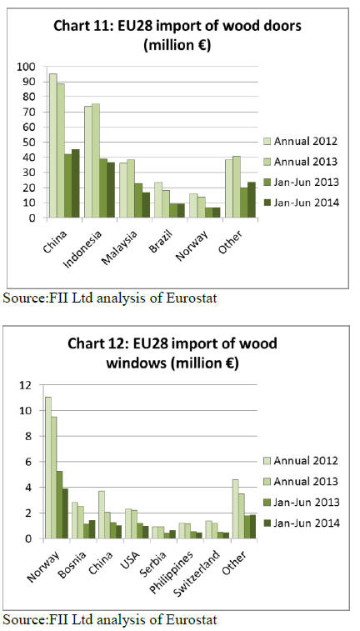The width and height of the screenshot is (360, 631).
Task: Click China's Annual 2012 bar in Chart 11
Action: (x=53, y=146)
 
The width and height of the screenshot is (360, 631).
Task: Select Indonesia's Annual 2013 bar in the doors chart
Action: (x=96, y=161)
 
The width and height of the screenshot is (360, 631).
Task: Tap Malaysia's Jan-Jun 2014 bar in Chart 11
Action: (x=146, y=205)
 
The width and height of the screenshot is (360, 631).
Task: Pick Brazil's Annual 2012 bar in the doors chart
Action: (x=158, y=200)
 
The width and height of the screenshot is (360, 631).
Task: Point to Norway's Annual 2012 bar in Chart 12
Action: (x=47, y=468)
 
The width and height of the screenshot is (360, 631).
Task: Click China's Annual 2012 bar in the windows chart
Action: (x=101, y=514)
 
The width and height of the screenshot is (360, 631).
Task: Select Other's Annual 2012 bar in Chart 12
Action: (x=234, y=509)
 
